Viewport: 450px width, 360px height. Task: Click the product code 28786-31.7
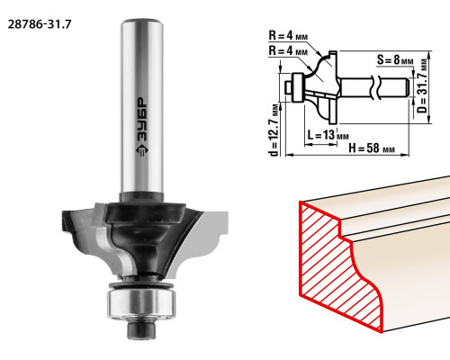pos(40,24)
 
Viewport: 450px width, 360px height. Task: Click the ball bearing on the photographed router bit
pos(141,302)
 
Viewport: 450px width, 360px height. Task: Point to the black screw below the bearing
pos(142,328)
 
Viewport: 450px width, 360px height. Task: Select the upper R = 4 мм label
pos(288,36)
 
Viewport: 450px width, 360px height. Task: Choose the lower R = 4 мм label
pos(288,50)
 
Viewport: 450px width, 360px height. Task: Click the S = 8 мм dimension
pos(395,60)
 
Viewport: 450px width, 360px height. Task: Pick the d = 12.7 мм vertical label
pos(274,130)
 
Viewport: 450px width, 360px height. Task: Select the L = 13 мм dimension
pos(328,135)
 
